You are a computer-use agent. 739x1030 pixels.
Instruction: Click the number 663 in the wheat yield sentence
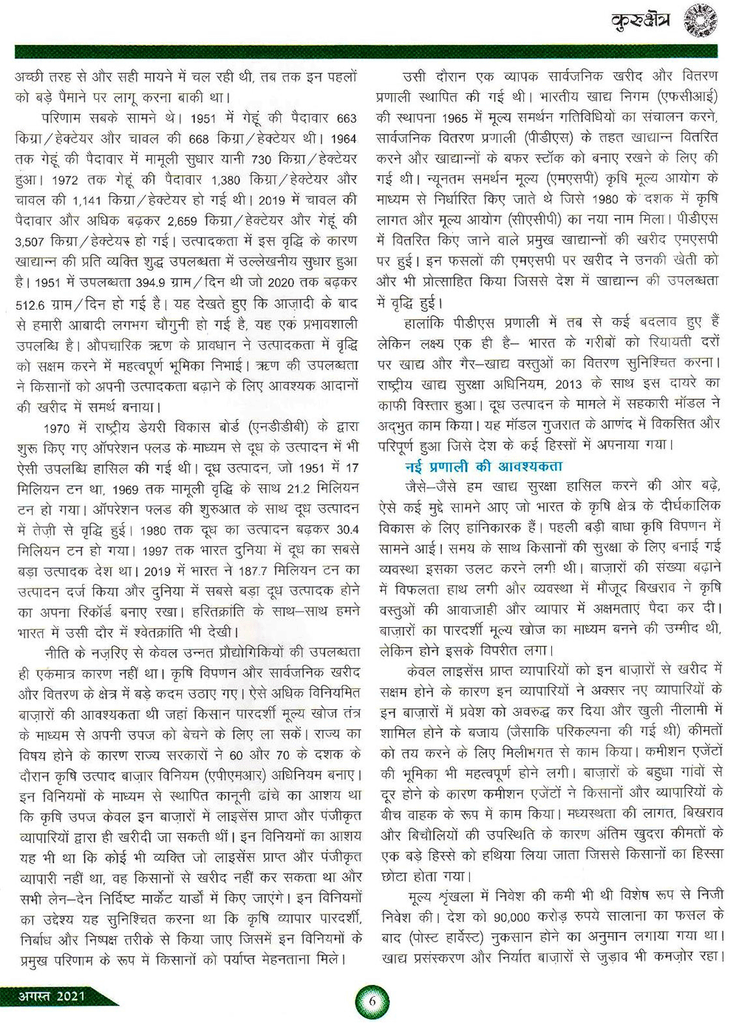(346, 118)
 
